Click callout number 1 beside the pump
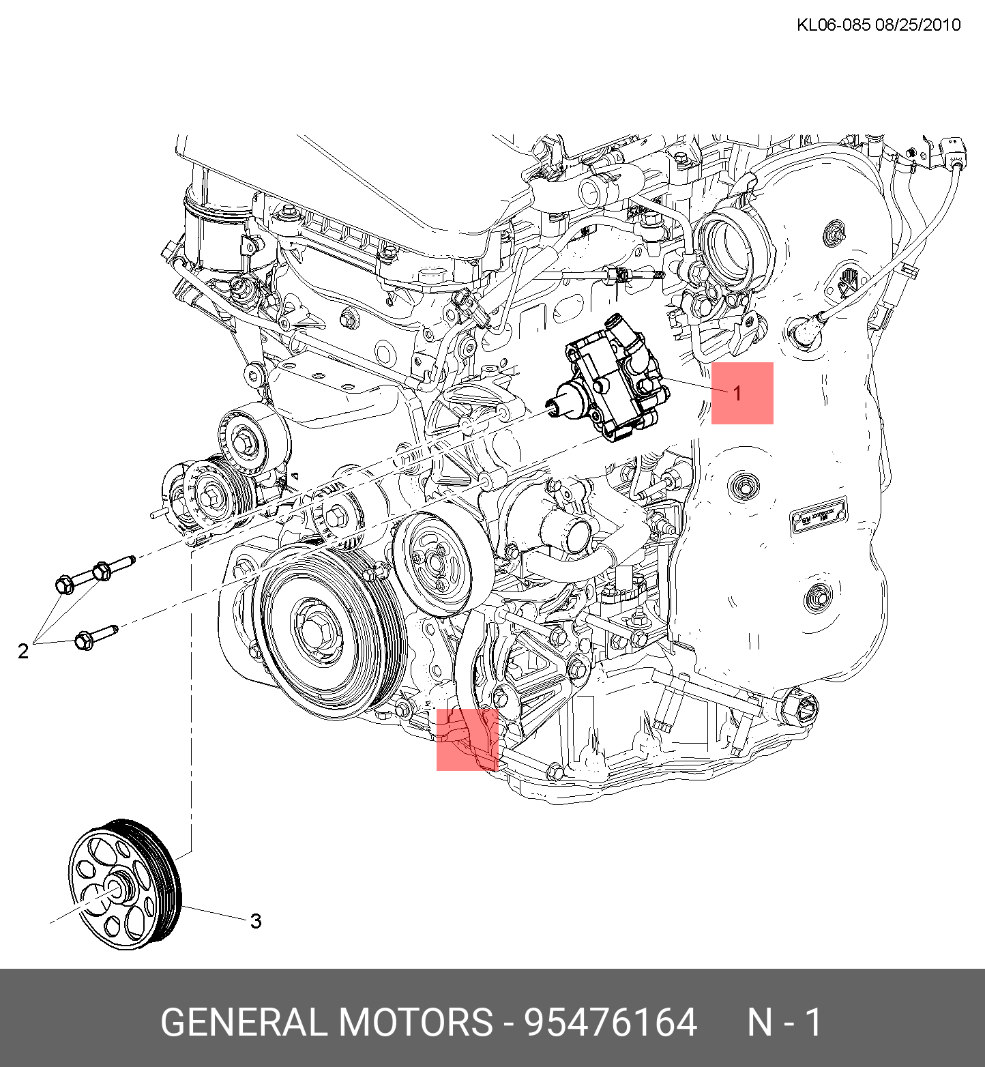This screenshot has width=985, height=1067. (x=737, y=394)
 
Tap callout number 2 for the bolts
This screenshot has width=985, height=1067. (x=23, y=651)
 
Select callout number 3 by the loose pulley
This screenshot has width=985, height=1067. (x=256, y=921)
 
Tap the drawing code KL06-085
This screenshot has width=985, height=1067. (x=834, y=25)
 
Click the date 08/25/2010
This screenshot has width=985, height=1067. (x=918, y=25)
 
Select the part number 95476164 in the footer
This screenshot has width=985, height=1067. (x=610, y=1023)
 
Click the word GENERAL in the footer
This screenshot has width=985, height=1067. (x=245, y=1023)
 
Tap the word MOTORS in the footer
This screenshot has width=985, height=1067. (x=415, y=1023)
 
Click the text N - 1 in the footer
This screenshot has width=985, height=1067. (x=784, y=1023)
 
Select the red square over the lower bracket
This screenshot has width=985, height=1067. (x=467, y=740)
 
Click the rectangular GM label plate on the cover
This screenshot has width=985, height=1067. (x=819, y=515)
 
